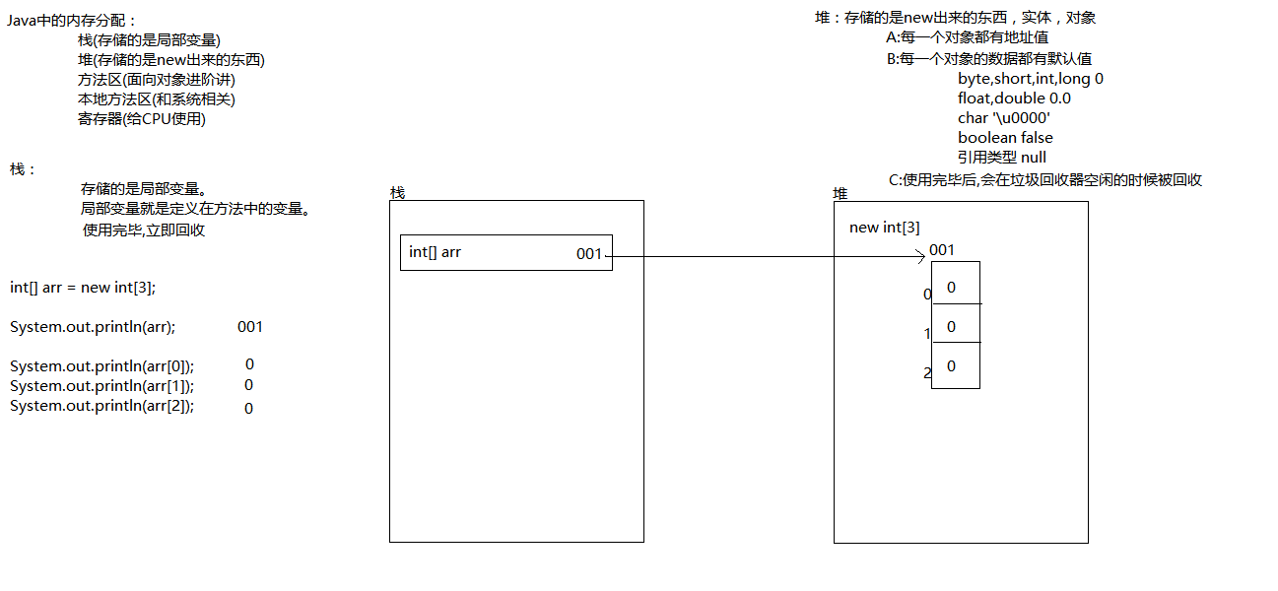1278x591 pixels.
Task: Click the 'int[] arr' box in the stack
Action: coord(505,252)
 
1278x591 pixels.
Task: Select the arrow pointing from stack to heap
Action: coord(769,257)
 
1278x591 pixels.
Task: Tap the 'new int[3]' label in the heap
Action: coord(884,228)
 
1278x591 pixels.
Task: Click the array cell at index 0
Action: coord(955,287)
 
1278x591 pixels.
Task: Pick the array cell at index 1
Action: coord(955,325)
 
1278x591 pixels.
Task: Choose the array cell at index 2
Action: coord(955,365)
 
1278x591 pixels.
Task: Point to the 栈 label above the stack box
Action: coord(397,192)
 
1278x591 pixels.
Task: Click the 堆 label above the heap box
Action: coord(841,193)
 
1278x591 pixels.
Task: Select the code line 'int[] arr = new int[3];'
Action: coord(83,287)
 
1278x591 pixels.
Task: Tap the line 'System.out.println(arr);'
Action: coord(93,327)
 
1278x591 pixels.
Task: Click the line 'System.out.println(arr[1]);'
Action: coord(101,386)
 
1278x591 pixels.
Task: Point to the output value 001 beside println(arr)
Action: coord(250,327)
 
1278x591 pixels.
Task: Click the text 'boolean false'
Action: coord(1004,138)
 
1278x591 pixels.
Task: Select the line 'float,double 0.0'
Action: coord(1013,98)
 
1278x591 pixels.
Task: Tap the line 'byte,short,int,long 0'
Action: coord(1030,79)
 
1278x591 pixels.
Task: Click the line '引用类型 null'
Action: coord(1001,158)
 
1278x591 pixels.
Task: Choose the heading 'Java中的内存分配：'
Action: coord(72,21)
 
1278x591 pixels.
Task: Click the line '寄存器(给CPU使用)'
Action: coord(141,119)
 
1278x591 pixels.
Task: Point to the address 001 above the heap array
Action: coord(942,250)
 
